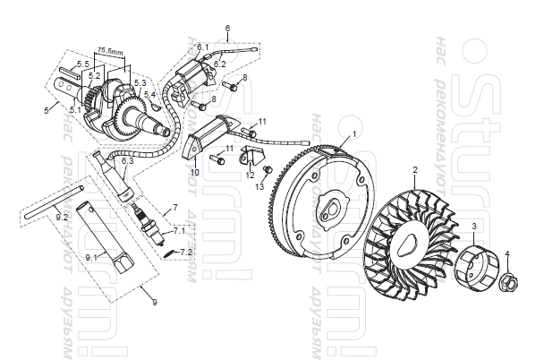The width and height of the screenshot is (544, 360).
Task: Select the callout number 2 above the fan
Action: [414, 168]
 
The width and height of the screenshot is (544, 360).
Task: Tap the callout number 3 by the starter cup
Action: [474, 225]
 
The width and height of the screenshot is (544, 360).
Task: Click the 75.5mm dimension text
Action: [112, 52]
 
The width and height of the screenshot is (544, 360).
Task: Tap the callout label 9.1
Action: [91, 257]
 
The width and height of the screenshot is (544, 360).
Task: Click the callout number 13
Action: [261, 186]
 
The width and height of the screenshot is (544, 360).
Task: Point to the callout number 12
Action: [251, 175]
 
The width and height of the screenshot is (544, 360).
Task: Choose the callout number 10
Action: [194, 170]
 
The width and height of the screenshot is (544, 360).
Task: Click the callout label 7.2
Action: [186, 253]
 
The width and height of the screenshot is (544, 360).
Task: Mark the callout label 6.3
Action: [127, 161]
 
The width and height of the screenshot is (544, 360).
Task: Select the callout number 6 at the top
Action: [228, 28]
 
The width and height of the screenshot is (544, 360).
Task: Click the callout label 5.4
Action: [149, 94]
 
